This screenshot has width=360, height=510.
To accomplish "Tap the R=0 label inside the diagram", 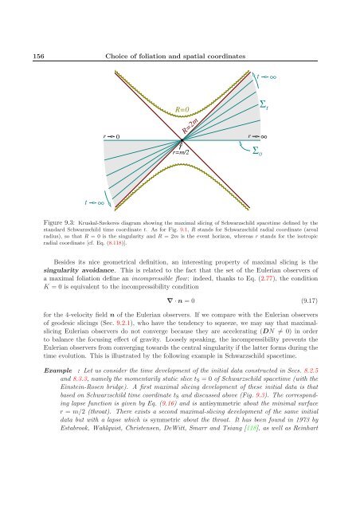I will tap(182, 107).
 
